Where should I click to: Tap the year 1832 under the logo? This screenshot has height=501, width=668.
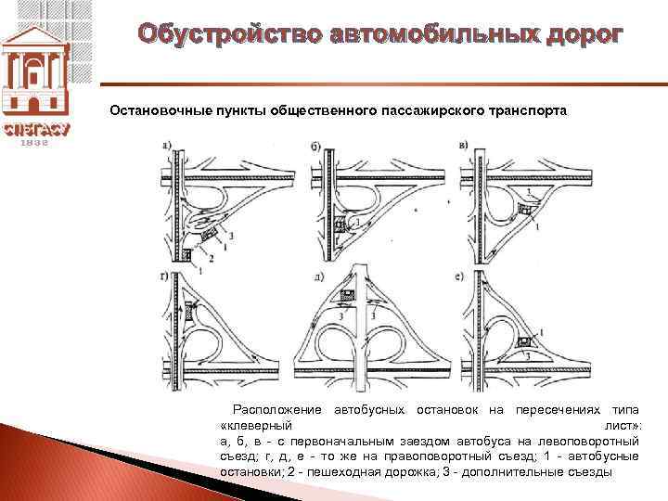pyautogui.click(x=35, y=144)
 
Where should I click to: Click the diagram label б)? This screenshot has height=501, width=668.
pyautogui.click(x=316, y=147)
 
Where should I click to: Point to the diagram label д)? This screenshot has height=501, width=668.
pyautogui.click(x=318, y=276)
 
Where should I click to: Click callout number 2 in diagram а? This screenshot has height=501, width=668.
pyautogui.click(x=212, y=257)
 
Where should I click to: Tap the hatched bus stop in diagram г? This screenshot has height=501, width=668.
pyautogui.click(x=192, y=314)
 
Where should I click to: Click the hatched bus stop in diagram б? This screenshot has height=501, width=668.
pyautogui.click(x=340, y=225)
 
